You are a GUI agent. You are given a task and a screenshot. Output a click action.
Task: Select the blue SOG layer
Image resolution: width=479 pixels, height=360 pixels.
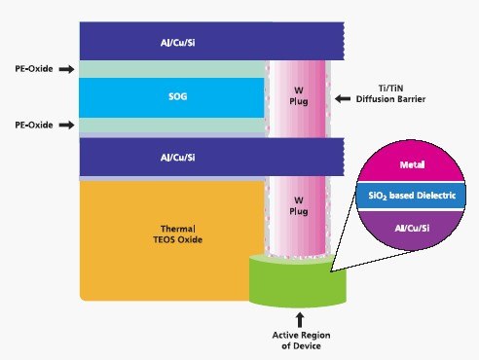[x=171, y=98]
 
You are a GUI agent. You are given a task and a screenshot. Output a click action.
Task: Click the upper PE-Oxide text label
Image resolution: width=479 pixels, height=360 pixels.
[x=29, y=69]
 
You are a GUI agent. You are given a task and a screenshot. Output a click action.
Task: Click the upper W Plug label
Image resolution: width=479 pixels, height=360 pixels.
[x=301, y=98]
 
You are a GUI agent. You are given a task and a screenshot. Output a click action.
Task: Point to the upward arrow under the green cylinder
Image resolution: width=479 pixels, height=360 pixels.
[x=299, y=317]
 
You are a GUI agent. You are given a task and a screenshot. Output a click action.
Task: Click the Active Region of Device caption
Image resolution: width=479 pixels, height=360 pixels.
[x=300, y=340]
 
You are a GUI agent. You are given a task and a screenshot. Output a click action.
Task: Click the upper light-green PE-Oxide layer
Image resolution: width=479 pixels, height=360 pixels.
[x=171, y=69]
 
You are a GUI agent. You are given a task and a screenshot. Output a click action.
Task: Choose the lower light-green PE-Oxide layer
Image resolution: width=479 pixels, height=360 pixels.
[x=171, y=126]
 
